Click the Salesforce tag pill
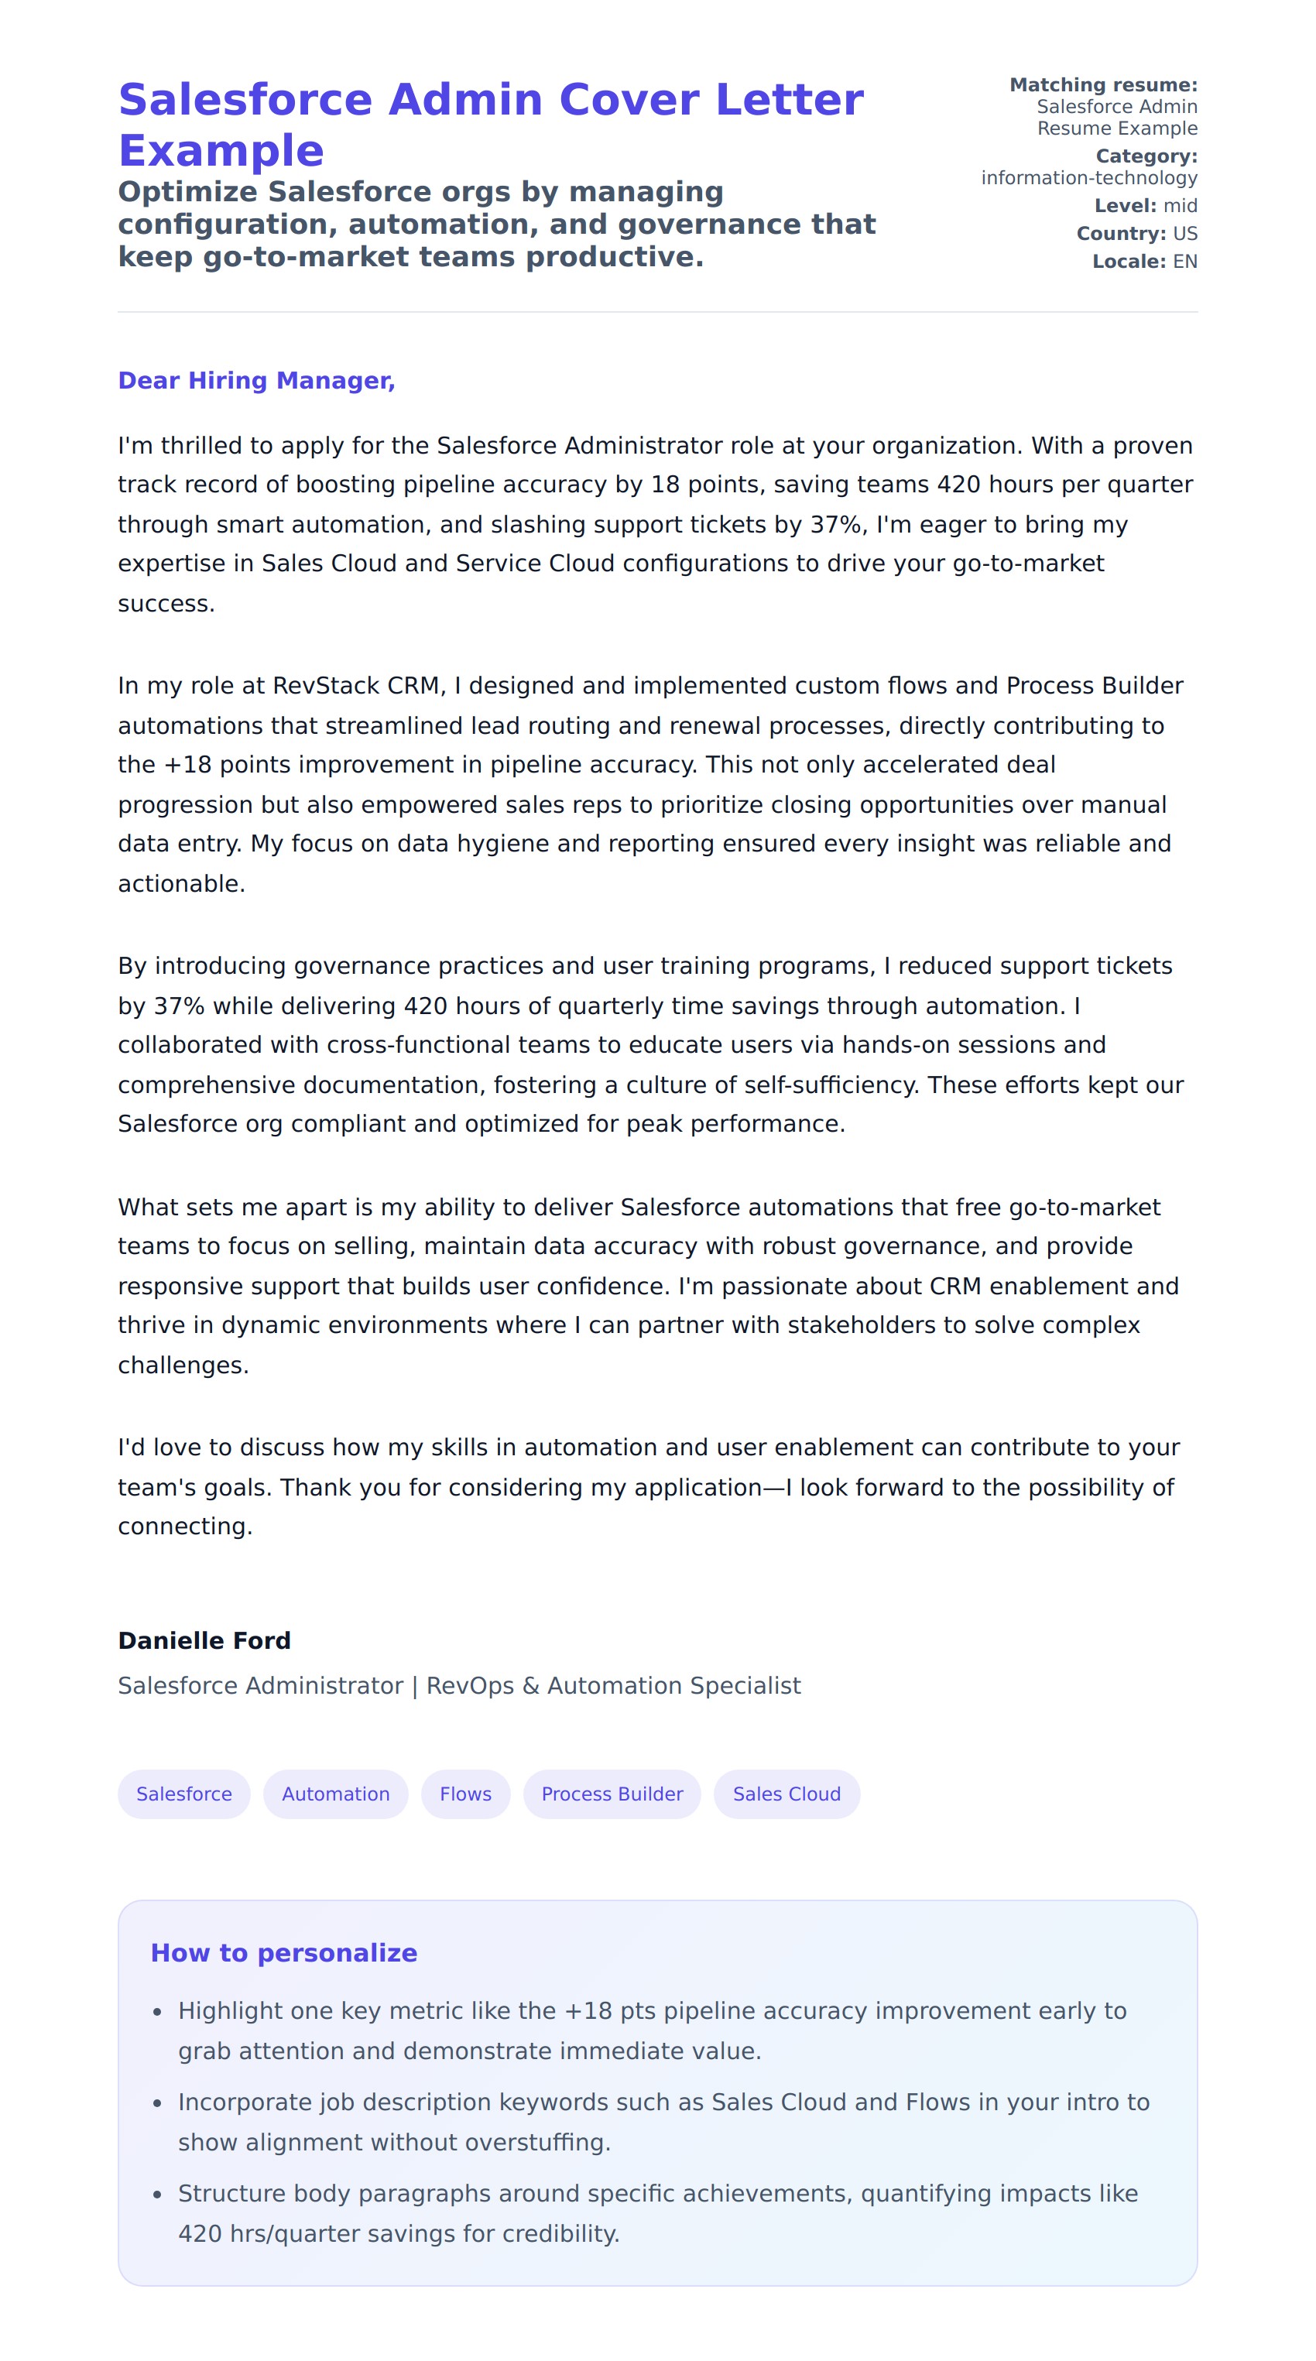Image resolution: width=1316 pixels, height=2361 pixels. pos(183,1794)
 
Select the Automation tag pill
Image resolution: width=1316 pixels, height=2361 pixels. pos(335,1794)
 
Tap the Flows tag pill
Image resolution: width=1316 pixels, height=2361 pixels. pos(465,1794)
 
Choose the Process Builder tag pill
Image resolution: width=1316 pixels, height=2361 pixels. pos(612,1794)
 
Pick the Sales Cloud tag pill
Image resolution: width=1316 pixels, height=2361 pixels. pos(787,1794)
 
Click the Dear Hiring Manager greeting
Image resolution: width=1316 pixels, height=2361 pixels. pos(256,380)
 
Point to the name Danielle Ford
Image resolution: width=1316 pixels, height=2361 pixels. pos(204,1640)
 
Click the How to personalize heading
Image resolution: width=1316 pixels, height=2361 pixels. pos(284,1953)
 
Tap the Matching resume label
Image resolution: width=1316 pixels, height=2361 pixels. pos(1103,85)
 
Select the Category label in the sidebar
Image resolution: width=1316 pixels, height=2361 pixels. pos(1146,156)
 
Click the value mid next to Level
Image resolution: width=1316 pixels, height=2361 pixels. pos(1181,206)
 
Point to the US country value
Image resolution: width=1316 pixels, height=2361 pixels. pos(1185,234)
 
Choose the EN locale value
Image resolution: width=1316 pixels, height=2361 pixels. pos(1185,261)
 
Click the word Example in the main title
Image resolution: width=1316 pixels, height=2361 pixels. pos(221,151)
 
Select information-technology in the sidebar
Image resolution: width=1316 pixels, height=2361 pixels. pos(1088,178)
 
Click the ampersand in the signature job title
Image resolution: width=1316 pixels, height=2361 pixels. pos(530,1685)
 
